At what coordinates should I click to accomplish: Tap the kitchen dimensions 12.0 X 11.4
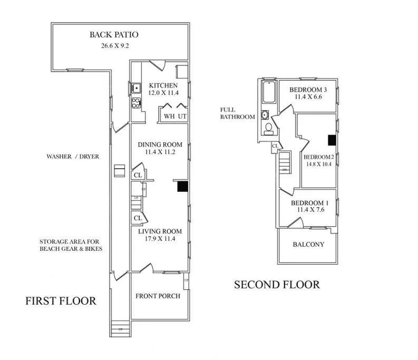coord(163,93)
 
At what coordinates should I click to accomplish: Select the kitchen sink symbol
coord(135,88)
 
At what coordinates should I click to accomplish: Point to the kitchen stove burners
coord(135,102)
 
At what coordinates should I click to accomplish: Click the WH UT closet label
coord(175,116)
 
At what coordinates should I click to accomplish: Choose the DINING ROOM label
coord(160,144)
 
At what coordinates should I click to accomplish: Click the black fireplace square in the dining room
coord(182,186)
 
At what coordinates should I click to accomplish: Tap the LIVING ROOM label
coord(160,231)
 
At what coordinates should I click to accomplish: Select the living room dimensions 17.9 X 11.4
coord(160,239)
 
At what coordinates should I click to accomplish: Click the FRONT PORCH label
coord(158,296)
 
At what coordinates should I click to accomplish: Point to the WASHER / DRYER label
coord(73,157)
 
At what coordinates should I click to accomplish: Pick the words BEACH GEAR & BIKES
coord(71,249)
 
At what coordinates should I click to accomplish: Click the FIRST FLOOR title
coord(61,301)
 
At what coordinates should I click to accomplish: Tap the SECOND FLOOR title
coord(277,285)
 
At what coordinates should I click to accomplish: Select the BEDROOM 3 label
coord(309,89)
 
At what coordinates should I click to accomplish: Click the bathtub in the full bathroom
coord(268,94)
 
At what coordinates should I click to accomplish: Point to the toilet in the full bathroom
coord(268,127)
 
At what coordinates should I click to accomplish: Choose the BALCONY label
coord(308,245)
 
